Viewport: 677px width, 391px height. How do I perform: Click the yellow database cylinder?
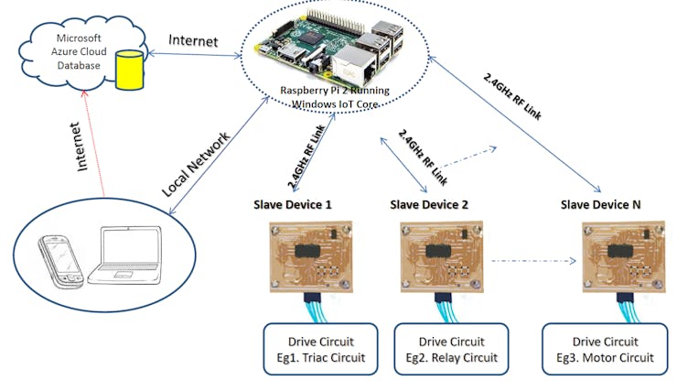[130, 70]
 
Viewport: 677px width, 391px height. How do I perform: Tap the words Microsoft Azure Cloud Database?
[79, 52]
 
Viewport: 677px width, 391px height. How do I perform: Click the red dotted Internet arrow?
[94, 144]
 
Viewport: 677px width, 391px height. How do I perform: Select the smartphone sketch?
[61, 261]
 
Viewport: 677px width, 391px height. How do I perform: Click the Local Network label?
[196, 165]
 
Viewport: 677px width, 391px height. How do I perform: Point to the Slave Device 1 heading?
[293, 204]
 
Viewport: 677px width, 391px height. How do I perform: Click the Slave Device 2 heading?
[429, 204]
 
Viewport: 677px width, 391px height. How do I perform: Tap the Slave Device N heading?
[600, 204]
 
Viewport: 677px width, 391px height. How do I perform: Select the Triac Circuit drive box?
[321, 349]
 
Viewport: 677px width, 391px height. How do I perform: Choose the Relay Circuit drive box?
[452, 349]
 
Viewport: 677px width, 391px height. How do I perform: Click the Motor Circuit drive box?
[605, 349]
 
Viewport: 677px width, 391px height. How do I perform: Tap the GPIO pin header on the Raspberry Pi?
[335, 21]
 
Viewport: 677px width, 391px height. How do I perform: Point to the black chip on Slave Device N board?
[620, 251]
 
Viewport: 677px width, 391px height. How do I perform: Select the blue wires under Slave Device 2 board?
[446, 311]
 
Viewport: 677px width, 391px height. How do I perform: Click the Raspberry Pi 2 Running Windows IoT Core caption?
[335, 97]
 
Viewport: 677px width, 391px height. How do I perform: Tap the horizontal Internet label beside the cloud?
[193, 40]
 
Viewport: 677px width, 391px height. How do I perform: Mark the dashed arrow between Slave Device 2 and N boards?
[533, 261]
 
